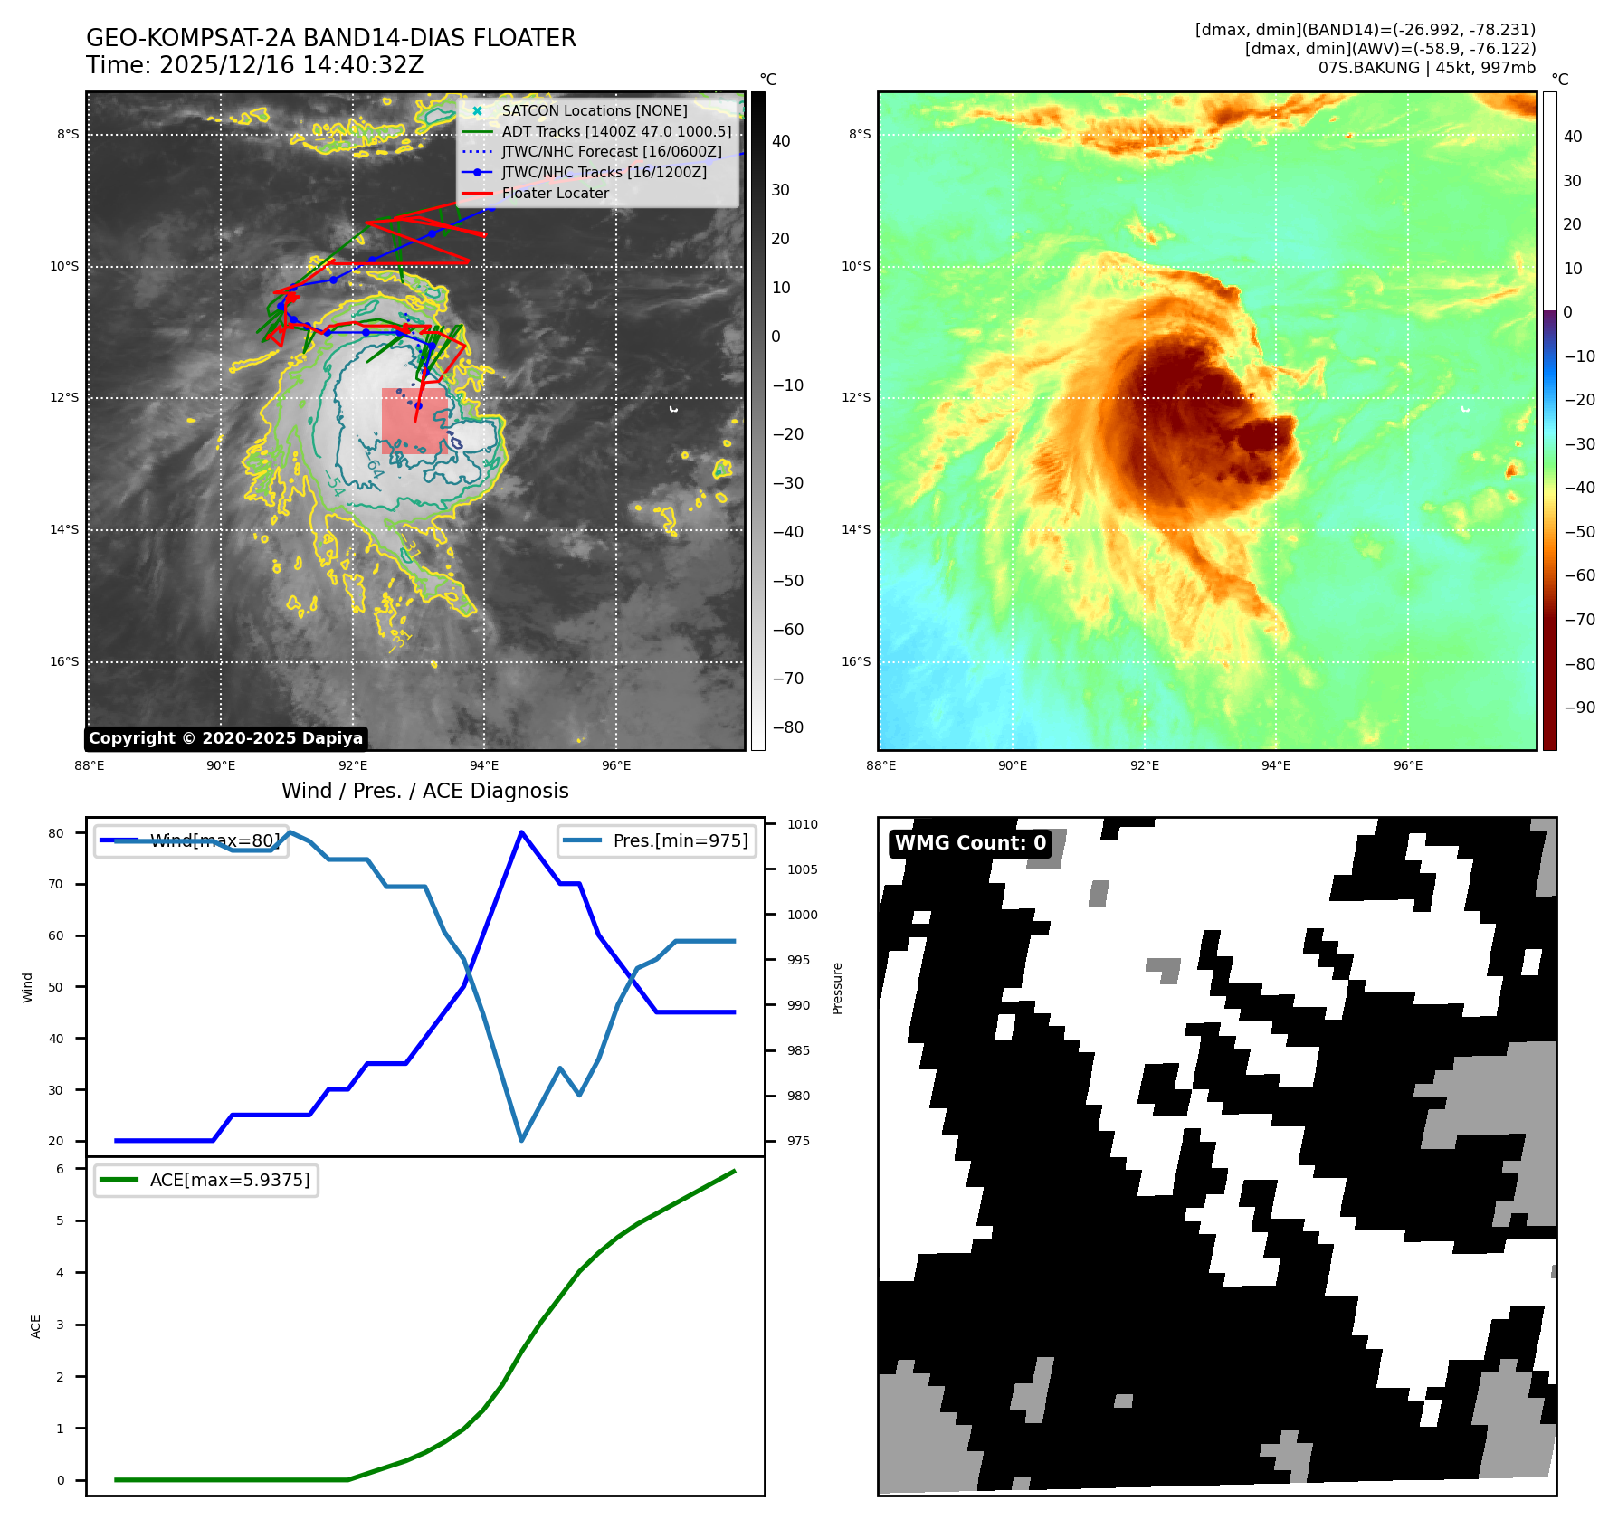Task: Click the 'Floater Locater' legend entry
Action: point(555,193)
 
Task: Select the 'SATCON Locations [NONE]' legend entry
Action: point(594,110)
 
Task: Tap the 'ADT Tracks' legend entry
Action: point(615,131)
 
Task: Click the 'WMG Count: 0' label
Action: point(970,843)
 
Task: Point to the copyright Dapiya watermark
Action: point(225,738)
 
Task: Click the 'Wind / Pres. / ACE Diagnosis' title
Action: point(425,791)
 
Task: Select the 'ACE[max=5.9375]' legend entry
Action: point(229,1180)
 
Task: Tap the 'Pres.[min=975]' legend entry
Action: point(680,840)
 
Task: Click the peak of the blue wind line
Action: point(521,832)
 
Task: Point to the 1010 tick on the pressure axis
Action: point(802,824)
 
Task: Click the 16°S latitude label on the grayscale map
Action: point(64,661)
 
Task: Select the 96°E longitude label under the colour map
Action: point(1407,765)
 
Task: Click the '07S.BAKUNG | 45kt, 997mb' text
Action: point(1426,68)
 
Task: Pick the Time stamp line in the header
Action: point(254,65)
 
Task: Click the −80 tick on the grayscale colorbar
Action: point(787,727)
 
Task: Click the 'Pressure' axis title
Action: point(837,988)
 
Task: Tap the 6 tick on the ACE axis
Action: point(61,1169)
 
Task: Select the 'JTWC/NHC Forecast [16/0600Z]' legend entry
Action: point(611,151)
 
